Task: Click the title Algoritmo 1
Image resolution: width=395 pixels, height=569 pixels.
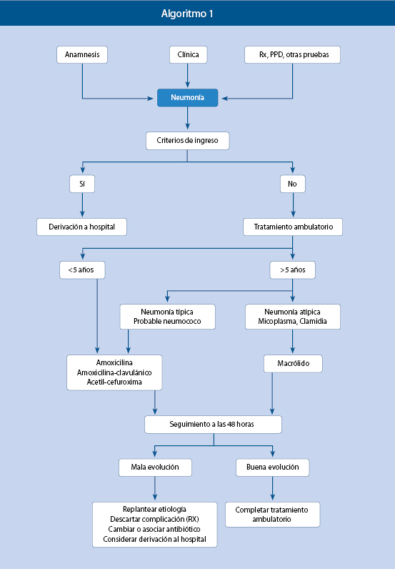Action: (x=187, y=14)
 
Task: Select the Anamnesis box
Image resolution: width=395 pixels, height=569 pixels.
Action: (x=82, y=55)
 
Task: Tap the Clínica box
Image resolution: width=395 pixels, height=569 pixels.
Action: (x=189, y=55)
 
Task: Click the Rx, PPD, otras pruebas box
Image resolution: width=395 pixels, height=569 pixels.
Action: (x=292, y=55)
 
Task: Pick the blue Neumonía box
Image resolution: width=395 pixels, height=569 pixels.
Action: (x=188, y=98)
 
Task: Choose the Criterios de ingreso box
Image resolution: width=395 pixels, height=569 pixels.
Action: (x=188, y=141)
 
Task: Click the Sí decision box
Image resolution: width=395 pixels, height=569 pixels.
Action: (x=82, y=184)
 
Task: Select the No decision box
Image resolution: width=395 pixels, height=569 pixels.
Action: (x=293, y=184)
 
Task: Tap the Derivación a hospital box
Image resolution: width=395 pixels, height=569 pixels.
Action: (x=81, y=227)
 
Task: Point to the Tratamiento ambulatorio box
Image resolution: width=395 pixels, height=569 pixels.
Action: (x=293, y=227)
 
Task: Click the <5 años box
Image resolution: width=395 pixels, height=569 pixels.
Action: (x=82, y=270)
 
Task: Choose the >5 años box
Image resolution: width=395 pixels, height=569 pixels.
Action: (x=293, y=270)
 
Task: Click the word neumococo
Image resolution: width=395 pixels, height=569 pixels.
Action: (x=183, y=321)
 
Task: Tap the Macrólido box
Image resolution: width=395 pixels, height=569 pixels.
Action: (x=293, y=364)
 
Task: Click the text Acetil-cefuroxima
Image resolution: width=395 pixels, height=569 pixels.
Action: (x=114, y=382)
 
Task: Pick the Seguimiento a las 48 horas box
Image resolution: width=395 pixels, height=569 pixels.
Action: (x=214, y=425)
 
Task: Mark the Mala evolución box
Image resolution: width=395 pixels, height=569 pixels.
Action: (x=155, y=467)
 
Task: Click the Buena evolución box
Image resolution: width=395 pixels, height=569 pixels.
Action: (x=273, y=467)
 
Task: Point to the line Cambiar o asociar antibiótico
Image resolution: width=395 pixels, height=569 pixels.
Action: (x=154, y=529)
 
